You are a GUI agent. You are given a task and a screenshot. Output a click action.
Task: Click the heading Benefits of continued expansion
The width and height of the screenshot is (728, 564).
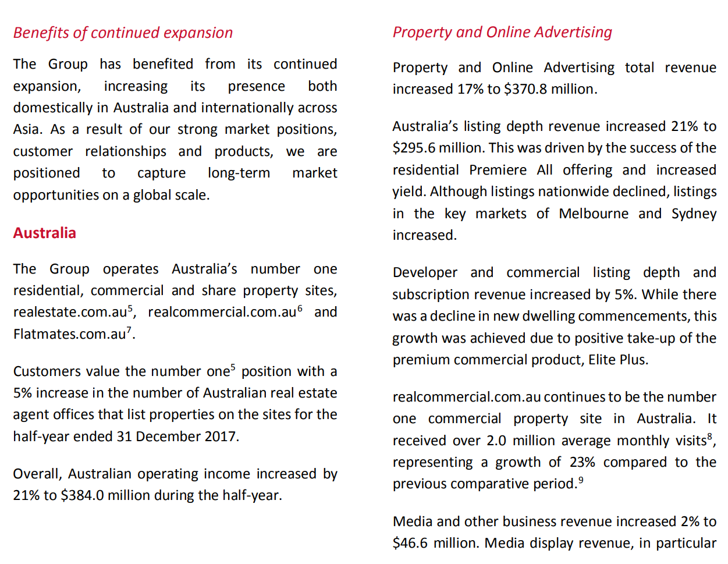click(x=123, y=33)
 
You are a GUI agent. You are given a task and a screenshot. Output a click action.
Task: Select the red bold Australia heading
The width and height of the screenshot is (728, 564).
click(x=45, y=233)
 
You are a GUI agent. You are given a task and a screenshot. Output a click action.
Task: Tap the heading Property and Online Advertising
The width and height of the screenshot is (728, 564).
click(x=502, y=32)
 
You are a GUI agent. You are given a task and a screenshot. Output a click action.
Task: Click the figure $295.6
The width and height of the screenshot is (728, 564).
click(x=414, y=148)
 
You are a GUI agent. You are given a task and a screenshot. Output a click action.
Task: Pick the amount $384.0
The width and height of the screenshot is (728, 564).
click(x=82, y=495)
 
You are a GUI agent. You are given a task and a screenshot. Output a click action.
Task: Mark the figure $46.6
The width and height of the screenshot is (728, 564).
click(x=410, y=543)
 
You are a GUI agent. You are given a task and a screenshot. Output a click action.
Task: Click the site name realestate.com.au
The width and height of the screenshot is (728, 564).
click(x=70, y=313)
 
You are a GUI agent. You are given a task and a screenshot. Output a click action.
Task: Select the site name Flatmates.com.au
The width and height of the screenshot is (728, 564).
click(x=69, y=334)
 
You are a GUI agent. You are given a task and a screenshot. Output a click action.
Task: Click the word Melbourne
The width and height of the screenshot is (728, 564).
click(x=593, y=214)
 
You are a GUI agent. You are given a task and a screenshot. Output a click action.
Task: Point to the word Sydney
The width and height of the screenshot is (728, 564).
click(x=694, y=214)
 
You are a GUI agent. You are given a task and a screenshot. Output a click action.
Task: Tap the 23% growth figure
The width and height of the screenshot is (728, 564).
click(x=582, y=462)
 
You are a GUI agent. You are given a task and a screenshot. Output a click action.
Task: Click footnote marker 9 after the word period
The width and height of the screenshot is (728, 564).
click(x=581, y=480)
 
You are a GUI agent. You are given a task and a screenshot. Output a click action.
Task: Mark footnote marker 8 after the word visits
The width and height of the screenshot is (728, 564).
click(x=709, y=437)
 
